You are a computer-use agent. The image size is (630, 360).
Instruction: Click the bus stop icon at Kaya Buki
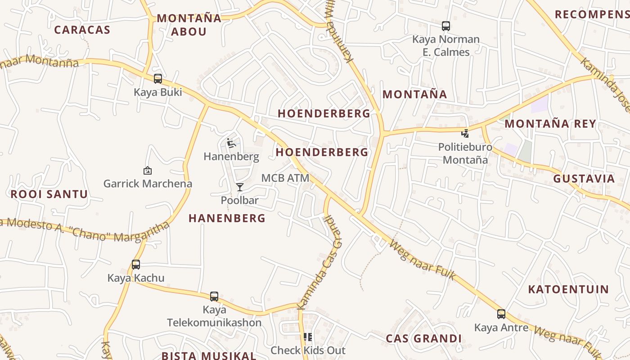coord(158,79)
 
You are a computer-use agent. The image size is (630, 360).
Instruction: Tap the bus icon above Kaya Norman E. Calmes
coord(446,26)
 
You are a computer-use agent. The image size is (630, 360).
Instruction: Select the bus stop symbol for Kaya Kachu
coord(136,265)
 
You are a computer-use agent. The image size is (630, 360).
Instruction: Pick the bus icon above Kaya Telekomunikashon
coord(214,297)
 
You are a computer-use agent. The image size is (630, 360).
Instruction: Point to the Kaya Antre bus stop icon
coord(501,314)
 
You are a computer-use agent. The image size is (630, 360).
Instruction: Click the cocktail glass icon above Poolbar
coord(240,187)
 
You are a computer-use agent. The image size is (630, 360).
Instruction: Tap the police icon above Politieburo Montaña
coord(465,133)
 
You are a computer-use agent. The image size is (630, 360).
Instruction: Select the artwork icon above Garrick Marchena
coord(147,171)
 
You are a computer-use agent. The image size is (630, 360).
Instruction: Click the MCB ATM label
coord(285,178)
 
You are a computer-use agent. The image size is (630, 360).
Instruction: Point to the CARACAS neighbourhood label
coord(82,30)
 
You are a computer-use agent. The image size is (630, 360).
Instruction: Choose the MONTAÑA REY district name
coord(553,124)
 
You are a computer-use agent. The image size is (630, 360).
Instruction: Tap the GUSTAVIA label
coord(584,179)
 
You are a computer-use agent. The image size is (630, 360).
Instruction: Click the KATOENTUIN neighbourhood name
coord(568,289)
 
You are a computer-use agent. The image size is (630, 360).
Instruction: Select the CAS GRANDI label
coord(424,338)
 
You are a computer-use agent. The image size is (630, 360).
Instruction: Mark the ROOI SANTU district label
coord(49,194)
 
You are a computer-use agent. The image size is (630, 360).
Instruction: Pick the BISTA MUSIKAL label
coord(209,355)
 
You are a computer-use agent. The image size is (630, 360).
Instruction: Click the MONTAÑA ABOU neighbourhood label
coord(189,25)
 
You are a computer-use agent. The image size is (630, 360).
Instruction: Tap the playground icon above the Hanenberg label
coord(231,144)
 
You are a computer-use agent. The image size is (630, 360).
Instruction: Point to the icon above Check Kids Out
coord(308,337)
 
